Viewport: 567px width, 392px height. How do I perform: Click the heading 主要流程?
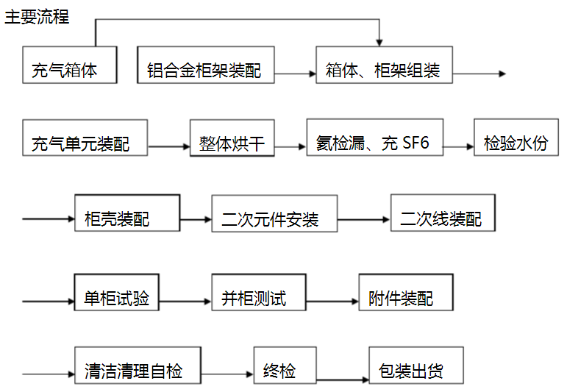coord(37,16)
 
